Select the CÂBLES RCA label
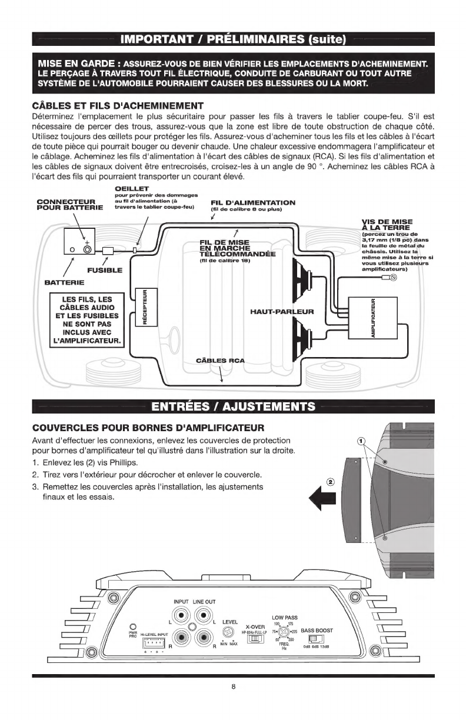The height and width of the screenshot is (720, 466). point(219,360)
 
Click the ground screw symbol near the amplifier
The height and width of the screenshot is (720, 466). point(394,278)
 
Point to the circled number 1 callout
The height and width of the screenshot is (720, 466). point(362,441)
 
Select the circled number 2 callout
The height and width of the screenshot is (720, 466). point(331,480)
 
